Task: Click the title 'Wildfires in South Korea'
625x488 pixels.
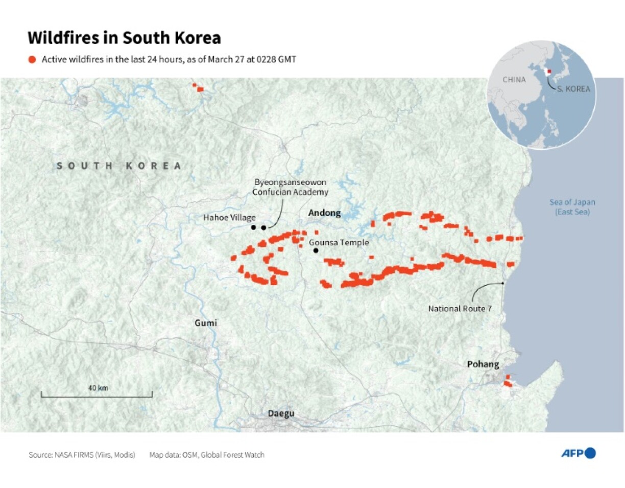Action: point(124,38)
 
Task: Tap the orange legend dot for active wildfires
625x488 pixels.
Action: point(33,60)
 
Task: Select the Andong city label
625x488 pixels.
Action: point(324,213)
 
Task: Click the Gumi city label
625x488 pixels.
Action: point(205,323)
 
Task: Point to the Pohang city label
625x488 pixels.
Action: point(483,364)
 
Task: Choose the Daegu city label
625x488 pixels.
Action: point(281,413)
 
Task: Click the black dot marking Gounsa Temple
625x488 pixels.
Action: point(316,250)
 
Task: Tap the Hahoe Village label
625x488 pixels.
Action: point(229,218)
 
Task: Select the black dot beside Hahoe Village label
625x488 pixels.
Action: point(253,227)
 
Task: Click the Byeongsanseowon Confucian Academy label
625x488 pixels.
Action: point(290,187)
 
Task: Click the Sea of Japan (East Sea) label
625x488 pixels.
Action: point(572,206)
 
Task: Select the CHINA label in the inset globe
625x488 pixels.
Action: point(514,80)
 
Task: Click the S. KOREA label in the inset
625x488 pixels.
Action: point(573,89)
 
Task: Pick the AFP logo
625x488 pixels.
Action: point(579,453)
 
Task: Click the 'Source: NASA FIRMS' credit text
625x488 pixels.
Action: point(82,454)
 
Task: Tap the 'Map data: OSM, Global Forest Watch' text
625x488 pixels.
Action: point(207,454)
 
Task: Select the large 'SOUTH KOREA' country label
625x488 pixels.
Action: point(119,166)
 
